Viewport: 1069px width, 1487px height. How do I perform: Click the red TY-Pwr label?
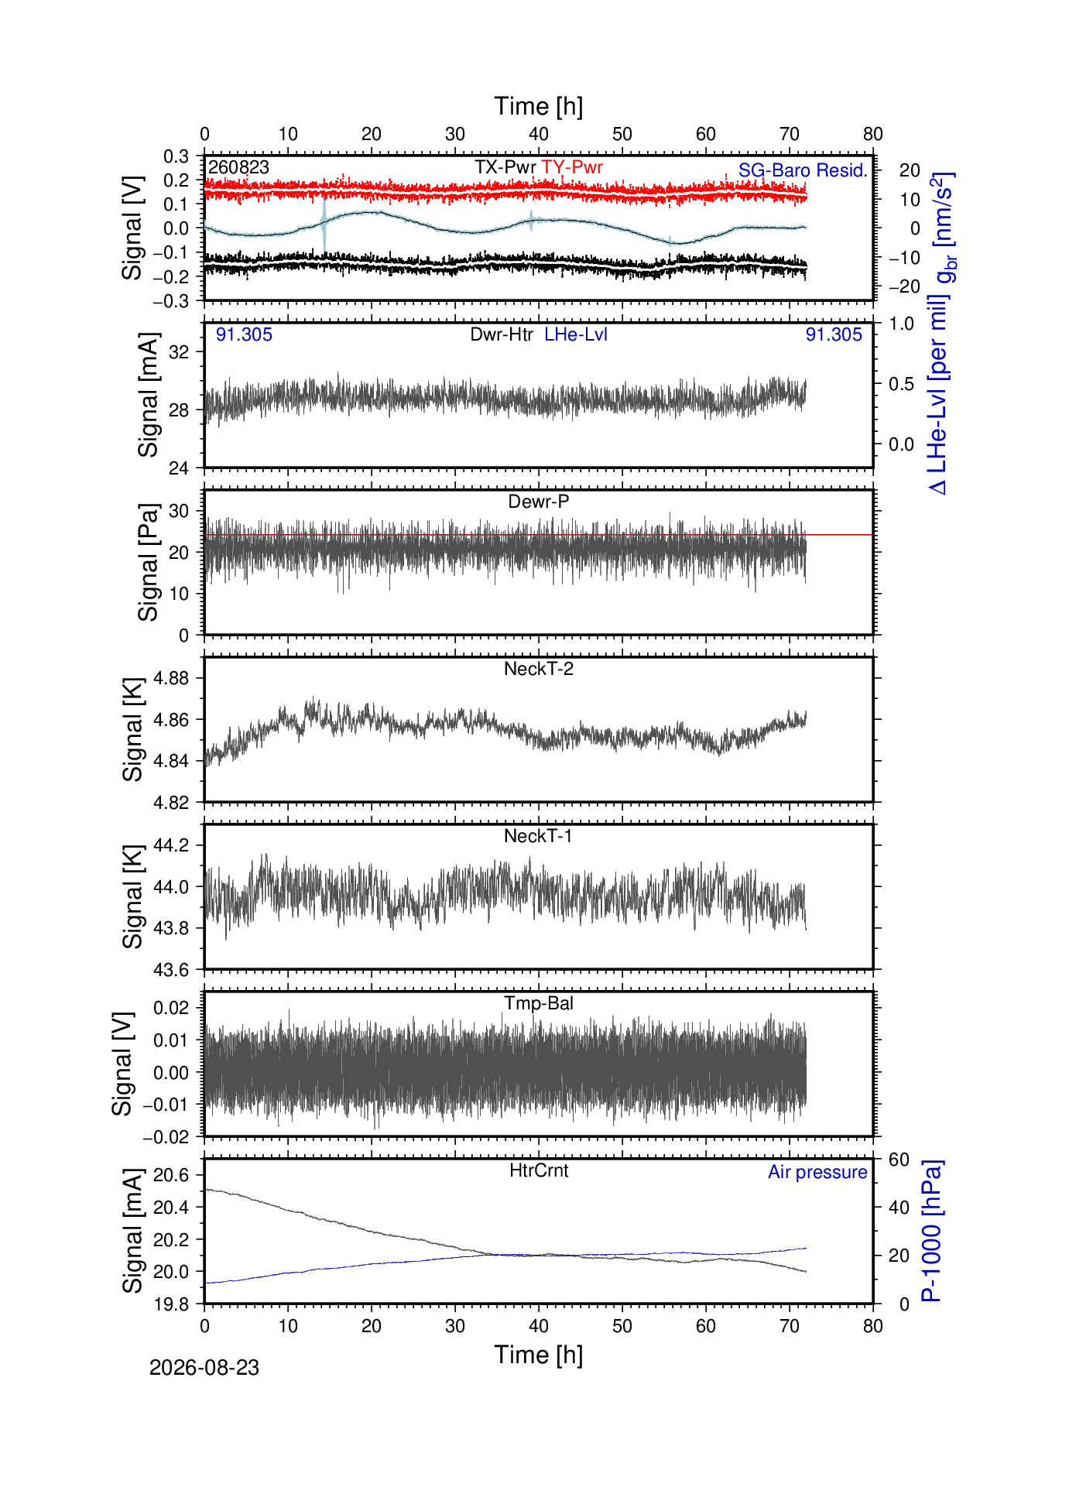click(x=572, y=167)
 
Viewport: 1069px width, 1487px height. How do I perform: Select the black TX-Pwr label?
click(x=505, y=167)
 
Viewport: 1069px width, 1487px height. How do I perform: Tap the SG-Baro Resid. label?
click(x=803, y=170)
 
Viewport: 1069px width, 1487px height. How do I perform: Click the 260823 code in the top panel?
click(x=238, y=167)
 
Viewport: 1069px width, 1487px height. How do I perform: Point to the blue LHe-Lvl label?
click(x=576, y=334)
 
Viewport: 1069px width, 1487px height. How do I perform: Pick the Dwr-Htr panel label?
click(x=502, y=334)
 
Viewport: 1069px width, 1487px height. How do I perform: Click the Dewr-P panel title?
click(x=539, y=502)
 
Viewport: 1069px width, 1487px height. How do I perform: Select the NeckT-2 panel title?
click(x=539, y=669)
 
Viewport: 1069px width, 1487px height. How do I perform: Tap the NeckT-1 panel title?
click(x=538, y=836)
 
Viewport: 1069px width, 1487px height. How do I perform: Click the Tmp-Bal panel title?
click(x=539, y=1004)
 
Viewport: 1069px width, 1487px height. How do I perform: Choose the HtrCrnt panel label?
click(x=539, y=1170)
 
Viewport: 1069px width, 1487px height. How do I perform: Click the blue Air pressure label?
click(x=817, y=1172)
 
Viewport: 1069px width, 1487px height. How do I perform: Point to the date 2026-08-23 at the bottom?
click(x=204, y=1368)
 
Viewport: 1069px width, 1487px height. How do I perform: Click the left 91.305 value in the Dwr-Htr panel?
click(x=244, y=334)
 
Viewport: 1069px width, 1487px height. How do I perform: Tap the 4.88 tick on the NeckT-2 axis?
click(x=171, y=678)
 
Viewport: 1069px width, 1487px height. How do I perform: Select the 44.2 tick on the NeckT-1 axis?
click(x=171, y=845)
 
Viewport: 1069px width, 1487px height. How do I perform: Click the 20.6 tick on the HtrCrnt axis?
click(x=171, y=1175)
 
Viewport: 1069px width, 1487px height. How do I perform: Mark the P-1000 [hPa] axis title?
click(x=932, y=1232)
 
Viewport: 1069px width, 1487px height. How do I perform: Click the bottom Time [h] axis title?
click(x=539, y=1355)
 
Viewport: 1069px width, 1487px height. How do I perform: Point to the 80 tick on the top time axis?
click(x=873, y=134)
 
